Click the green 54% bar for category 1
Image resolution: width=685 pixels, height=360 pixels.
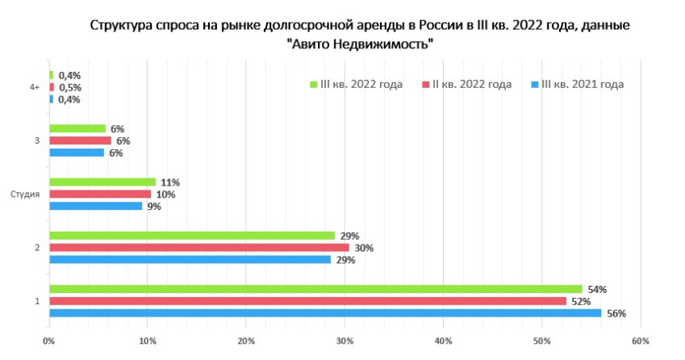tap(315, 289)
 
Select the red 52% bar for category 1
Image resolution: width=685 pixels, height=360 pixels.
tap(307, 301)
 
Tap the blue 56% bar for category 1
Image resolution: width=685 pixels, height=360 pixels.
tap(323, 313)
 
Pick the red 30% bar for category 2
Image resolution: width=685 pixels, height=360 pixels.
tap(198, 248)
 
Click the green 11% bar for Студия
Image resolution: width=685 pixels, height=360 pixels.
tap(102, 182)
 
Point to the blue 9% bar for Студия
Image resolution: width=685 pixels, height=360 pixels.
tap(95, 206)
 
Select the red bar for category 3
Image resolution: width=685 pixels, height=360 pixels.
tap(79, 141)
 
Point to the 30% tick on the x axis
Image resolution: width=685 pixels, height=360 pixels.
tap(345, 342)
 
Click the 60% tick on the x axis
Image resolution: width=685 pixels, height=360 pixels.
tap(640, 342)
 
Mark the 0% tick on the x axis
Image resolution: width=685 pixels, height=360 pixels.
tap(49, 342)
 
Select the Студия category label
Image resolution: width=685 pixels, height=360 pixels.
tap(25, 195)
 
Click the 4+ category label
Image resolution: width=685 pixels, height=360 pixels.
tap(34, 87)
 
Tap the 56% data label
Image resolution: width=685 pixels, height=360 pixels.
tap(616, 313)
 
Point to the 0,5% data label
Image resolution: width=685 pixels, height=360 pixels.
tap(70, 87)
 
